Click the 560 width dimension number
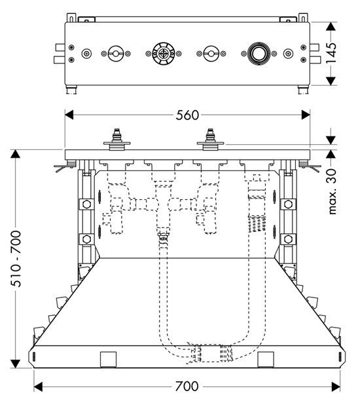tap(187, 115)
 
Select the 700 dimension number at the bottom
tap(187, 387)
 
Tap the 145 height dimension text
tap(331, 54)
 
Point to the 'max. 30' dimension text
tap(332, 191)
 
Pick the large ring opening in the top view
tap(259, 54)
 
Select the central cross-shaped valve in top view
tap(163, 54)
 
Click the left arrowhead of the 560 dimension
tap(69, 115)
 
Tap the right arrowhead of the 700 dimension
tap(336, 387)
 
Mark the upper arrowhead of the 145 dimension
tap(331, 27)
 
